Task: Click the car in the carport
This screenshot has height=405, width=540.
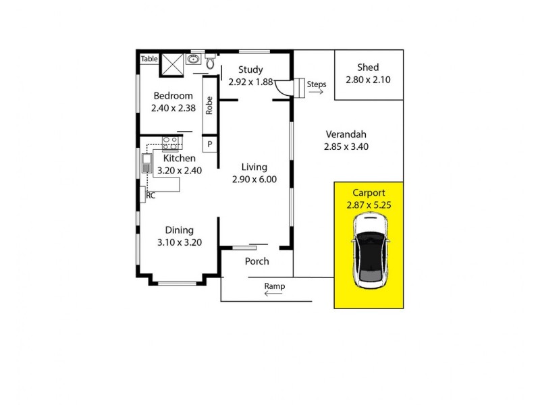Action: click(x=369, y=249)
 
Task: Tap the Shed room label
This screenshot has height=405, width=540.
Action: click(x=369, y=67)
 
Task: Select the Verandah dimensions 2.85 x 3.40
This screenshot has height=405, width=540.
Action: click(x=346, y=146)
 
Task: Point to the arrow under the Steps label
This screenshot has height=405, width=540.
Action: click(x=316, y=93)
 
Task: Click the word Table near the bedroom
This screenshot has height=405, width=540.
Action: click(x=148, y=59)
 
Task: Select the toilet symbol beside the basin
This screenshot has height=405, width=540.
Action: click(x=210, y=63)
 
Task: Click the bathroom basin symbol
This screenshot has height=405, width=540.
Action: click(x=194, y=59)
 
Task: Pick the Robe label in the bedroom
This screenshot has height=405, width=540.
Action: click(x=210, y=107)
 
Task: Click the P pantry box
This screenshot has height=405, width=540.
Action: click(x=210, y=144)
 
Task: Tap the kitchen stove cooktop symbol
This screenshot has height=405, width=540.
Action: click(x=169, y=142)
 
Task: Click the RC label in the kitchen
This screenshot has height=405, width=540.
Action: click(x=151, y=196)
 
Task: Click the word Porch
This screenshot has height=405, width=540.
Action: click(x=256, y=261)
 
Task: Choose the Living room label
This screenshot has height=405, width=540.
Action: click(x=254, y=167)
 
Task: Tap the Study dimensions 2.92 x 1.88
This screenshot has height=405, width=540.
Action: click(x=250, y=82)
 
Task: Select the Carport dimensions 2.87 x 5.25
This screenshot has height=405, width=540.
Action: click(x=369, y=205)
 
